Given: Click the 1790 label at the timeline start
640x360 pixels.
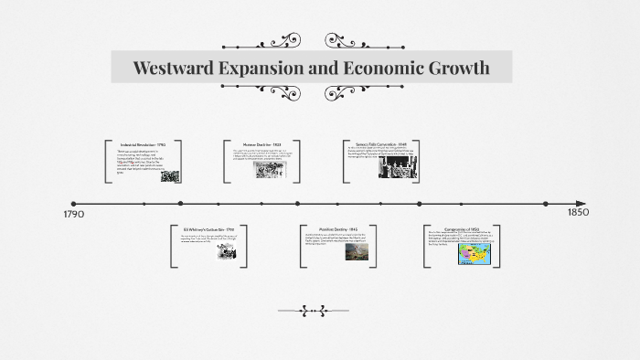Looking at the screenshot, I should point(74,215).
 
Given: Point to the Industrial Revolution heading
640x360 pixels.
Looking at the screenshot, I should point(143,144).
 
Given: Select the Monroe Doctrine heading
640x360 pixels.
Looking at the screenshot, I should point(262,144).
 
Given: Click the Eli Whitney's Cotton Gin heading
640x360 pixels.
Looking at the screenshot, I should point(208,229).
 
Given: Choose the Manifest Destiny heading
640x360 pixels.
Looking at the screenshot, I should point(336,229).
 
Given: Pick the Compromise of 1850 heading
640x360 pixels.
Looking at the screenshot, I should point(462,229).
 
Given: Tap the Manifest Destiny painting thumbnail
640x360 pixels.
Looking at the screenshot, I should point(357,252).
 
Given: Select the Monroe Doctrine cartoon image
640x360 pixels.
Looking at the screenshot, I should point(270,169).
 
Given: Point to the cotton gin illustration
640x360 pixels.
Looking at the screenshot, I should point(225,252).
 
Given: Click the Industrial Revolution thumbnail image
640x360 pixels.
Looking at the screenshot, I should point(170,175).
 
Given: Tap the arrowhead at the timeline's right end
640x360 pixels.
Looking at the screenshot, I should point(581,204).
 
